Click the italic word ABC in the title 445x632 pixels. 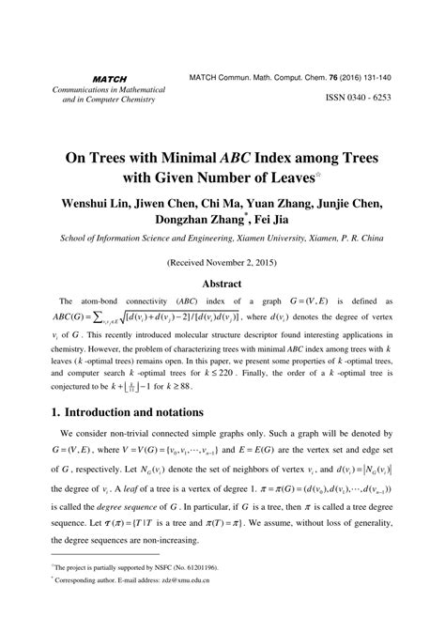216,159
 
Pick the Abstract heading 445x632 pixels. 222,284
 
